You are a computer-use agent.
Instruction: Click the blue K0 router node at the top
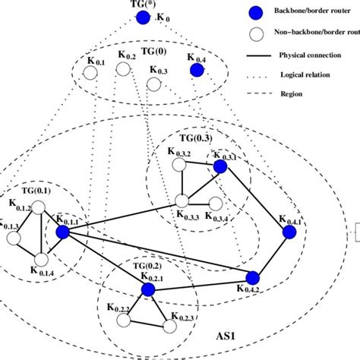click(144, 17)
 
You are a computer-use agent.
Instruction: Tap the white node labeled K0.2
click(123, 69)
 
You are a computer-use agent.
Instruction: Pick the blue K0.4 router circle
click(197, 70)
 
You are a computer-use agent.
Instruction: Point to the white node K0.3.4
click(216, 203)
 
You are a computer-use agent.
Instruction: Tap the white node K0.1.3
click(12, 238)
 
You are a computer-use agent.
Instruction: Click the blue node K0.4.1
click(289, 232)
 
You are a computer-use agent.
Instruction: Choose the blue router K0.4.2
click(253, 277)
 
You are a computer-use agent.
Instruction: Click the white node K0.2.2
click(122, 322)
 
